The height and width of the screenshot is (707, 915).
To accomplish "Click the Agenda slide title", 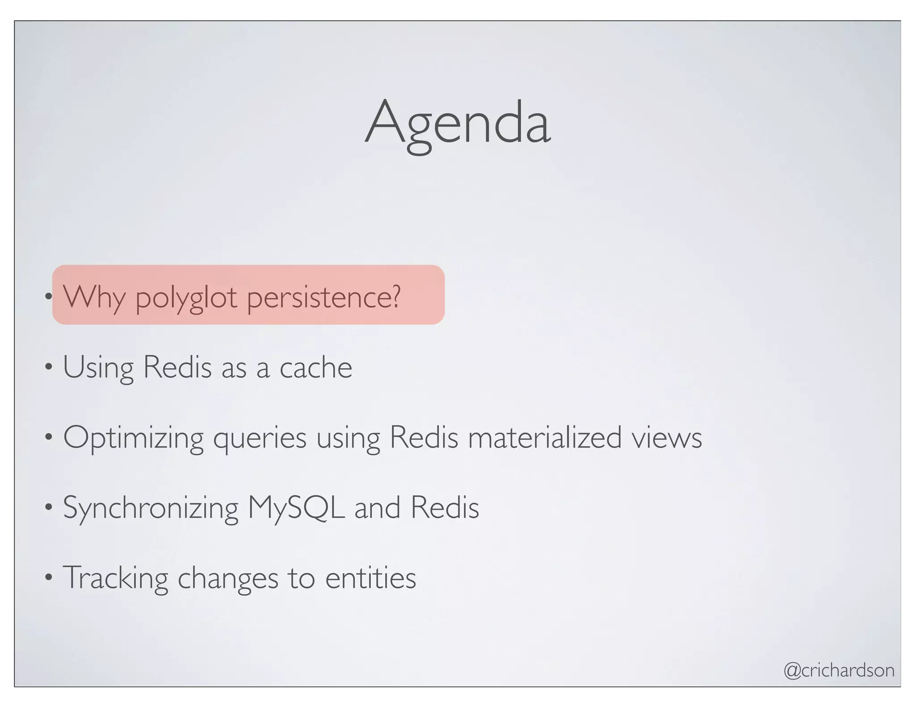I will pos(457,123).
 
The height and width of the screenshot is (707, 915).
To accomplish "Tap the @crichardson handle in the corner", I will pos(839,670).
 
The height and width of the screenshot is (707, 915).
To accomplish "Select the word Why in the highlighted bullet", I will pos(94,297).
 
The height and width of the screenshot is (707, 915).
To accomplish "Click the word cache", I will pos(316,367).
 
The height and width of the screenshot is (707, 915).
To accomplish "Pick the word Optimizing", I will pos(133,438).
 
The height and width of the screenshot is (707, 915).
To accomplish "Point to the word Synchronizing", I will pos(151,508).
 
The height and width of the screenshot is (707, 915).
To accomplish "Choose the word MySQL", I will pos(296,508).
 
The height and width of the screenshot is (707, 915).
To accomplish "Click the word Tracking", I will pos(115,578).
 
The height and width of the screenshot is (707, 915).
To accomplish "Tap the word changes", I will pos(228,579).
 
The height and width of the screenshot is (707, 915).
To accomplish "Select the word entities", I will pos(370,578).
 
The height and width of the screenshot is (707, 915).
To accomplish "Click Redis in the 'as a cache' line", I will pos(177,367).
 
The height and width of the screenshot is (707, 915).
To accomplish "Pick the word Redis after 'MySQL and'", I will pos(445,508).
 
